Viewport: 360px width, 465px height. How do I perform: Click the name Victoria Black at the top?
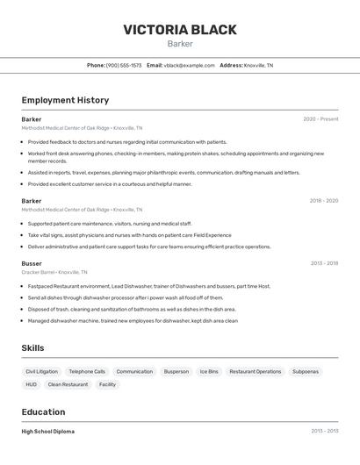coord(179,30)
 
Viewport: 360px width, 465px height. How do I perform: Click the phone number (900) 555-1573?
coord(124,66)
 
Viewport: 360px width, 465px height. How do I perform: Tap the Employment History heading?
coord(65,100)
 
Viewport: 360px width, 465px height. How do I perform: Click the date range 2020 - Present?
coord(320,119)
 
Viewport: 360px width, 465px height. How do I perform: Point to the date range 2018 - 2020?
coord(323,201)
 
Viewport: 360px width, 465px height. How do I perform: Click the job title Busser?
coord(32,263)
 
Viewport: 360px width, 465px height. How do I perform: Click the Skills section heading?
coord(32,348)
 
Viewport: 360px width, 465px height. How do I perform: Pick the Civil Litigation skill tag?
coord(41,372)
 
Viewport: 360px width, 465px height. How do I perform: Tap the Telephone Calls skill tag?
coord(87,372)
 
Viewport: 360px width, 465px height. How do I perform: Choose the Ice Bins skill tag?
coord(209,372)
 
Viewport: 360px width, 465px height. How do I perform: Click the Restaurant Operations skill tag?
coord(256,372)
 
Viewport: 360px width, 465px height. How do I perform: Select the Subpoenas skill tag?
coord(306,372)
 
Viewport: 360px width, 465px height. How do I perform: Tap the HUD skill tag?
coord(31,384)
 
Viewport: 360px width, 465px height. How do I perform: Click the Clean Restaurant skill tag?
coord(68,384)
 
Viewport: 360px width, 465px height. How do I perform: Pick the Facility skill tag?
coord(107,384)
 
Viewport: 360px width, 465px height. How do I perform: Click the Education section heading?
coord(43,412)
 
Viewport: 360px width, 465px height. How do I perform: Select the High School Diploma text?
coord(48,432)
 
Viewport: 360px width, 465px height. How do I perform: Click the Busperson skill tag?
coord(176,372)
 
